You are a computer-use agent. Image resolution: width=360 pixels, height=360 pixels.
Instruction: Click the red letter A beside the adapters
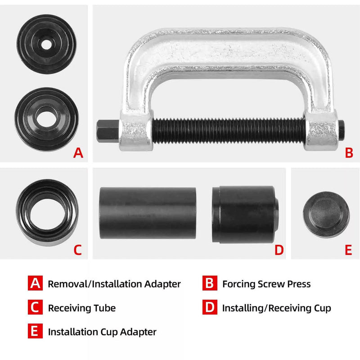tap(78, 153)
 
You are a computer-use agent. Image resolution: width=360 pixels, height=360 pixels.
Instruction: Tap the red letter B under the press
tap(349, 153)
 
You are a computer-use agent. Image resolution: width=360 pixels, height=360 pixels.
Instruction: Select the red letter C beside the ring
tap(78, 250)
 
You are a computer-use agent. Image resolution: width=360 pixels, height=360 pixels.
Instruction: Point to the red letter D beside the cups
tap(279, 250)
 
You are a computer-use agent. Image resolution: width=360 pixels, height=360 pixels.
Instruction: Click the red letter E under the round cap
tap(348, 250)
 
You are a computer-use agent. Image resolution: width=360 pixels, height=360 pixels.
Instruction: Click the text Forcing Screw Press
tap(266, 284)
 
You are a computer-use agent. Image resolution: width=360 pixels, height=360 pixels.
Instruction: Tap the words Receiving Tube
tap(81, 308)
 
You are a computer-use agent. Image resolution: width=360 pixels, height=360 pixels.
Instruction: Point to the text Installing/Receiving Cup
tap(276, 308)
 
